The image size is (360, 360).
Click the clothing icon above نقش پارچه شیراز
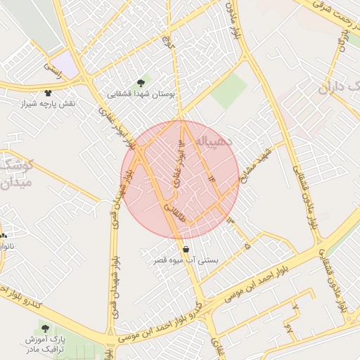pyautogui.click(x=48, y=93)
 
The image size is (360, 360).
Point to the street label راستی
pyautogui.click(x=53, y=69)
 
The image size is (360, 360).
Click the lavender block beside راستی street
pyautogui.click(x=66, y=65)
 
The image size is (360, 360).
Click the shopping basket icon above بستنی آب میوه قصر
pyautogui.click(x=186, y=249)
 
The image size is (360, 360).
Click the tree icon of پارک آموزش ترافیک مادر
pyautogui.click(x=46, y=328)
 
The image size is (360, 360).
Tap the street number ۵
pyautogui.click(x=247, y=246)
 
